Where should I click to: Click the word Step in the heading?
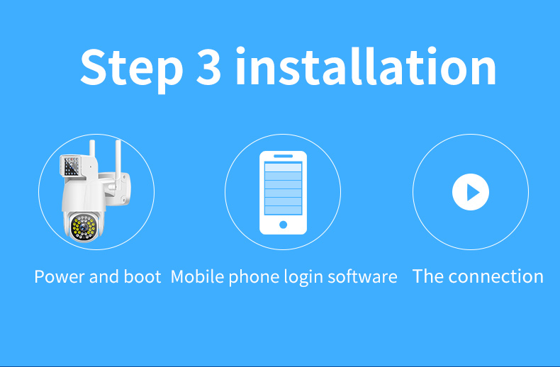click(131, 69)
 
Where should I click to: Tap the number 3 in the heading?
click(208, 67)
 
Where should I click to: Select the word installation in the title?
click(366, 66)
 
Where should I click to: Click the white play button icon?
click(471, 192)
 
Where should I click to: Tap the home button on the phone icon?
click(284, 225)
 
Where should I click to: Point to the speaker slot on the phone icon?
click(284, 156)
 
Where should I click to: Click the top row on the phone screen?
click(283, 167)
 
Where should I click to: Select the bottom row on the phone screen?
click(283, 210)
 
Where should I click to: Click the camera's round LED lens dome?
click(84, 227)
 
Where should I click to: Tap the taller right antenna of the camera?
click(118, 163)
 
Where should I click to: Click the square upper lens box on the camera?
click(71, 166)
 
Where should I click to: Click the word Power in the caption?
click(60, 277)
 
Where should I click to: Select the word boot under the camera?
click(142, 277)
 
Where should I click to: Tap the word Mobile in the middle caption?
click(198, 277)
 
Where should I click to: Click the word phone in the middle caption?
click(254, 278)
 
